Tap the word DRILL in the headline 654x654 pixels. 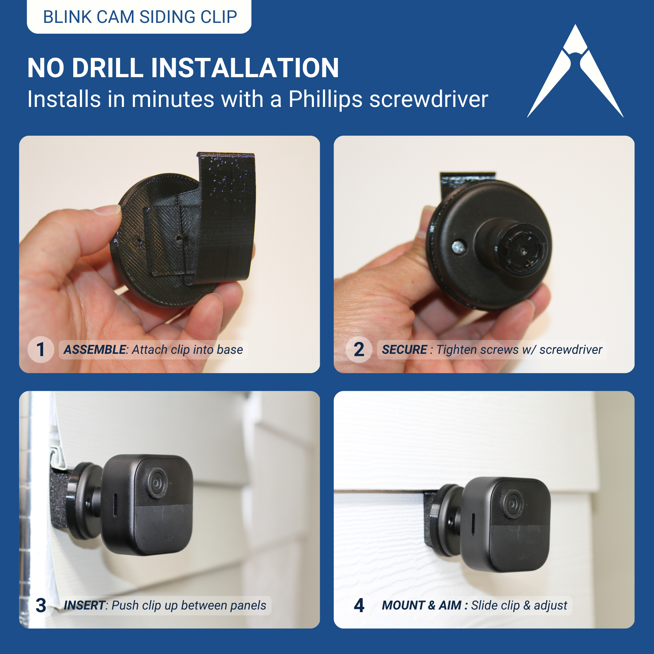[108, 68]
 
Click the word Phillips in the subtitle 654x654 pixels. [325, 99]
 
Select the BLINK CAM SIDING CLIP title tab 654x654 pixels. [139, 17]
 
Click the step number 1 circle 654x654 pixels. [41, 350]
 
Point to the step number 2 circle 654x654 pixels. [359, 350]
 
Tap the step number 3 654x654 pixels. [41, 605]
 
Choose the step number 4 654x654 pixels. [359, 605]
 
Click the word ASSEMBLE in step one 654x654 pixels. [95, 350]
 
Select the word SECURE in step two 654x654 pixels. [404, 350]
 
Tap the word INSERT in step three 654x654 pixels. [84, 605]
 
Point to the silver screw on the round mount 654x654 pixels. [459, 246]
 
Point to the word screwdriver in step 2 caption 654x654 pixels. [571, 350]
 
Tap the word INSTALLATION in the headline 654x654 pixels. [245, 68]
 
